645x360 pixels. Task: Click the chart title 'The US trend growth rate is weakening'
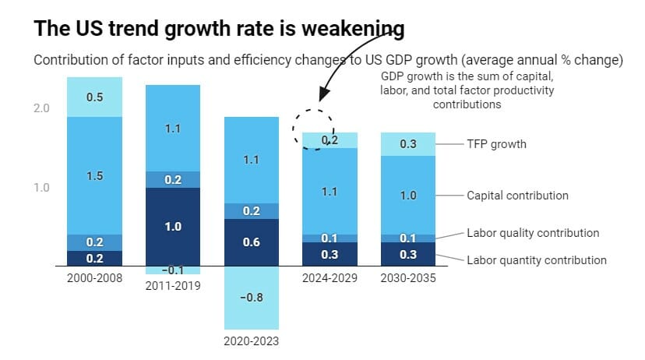(219, 30)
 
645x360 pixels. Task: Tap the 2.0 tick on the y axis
(41, 108)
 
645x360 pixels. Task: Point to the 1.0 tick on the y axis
(41, 188)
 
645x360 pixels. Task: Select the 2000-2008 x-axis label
(94, 278)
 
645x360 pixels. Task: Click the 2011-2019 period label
(173, 286)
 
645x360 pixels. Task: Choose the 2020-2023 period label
(251, 341)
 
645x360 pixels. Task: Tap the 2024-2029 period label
(330, 278)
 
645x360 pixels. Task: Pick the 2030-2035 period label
(407, 278)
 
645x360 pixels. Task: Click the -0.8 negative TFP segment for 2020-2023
(251, 297)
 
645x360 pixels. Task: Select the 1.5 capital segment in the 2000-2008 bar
(94, 176)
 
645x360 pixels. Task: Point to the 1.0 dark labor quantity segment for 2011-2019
(173, 227)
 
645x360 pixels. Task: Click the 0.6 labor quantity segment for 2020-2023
(251, 242)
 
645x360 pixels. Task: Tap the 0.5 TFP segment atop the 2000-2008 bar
(94, 97)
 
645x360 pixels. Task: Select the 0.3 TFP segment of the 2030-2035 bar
(407, 144)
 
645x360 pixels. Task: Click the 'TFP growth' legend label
(496, 144)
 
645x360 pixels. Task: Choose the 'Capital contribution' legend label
(517, 196)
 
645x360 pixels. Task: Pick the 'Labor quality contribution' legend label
(533, 233)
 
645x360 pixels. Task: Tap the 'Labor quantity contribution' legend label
(536, 260)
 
